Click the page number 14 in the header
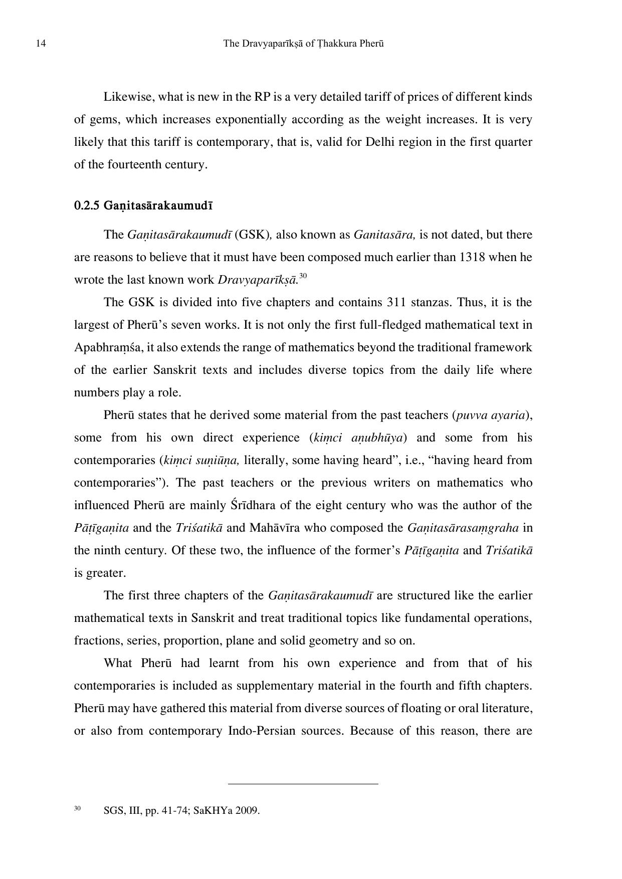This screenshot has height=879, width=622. (x=41, y=44)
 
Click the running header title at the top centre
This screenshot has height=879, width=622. (x=303, y=44)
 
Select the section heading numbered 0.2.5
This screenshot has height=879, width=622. (x=143, y=205)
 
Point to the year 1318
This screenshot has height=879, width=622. (x=469, y=257)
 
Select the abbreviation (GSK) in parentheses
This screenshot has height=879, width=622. (x=252, y=235)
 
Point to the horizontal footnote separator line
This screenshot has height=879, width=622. (x=303, y=783)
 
